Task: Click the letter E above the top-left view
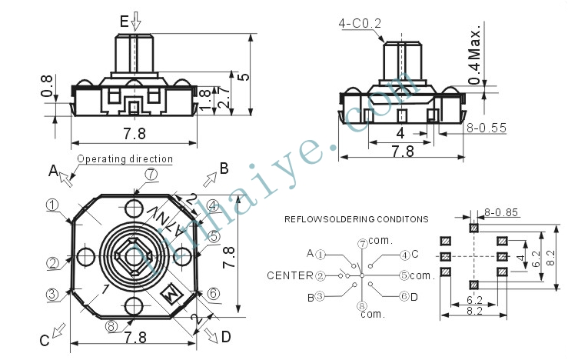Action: pos(125,22)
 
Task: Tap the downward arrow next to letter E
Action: pos(136,21)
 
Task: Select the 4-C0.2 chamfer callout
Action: pos(360,24)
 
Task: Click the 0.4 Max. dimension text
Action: pos(474,54)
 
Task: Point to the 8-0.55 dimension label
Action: pos(486,128)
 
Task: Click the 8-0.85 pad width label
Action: pos(501,212)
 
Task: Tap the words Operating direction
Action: pos(125,158)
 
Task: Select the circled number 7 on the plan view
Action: pos(151,175)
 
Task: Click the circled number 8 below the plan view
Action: pos(111,326)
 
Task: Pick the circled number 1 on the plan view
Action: pos(52,205)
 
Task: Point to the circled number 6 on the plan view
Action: pos(214,293)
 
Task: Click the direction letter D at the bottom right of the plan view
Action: pos(226,337)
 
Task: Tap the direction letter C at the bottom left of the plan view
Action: pos(44,341)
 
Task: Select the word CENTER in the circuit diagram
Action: pos(290,275)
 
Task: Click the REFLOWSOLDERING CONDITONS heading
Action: pos(357,219)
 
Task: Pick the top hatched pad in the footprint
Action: pos(473,228)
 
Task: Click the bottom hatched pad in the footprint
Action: pos(473,285)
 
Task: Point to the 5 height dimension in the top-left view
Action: pos(244,77)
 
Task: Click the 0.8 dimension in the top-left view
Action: pos(47,86)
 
